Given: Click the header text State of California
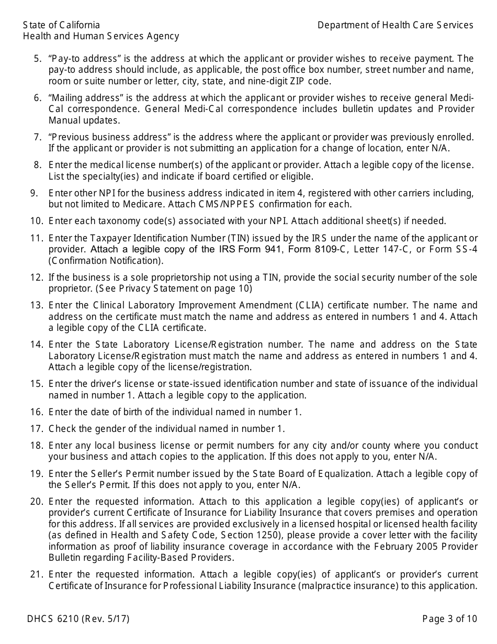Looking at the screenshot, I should pos(61,25).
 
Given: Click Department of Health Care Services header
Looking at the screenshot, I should pos(395,25).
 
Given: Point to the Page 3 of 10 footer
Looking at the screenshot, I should pos(449,619).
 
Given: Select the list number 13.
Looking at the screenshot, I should pos(36,305).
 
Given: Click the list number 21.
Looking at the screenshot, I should pos(36,574).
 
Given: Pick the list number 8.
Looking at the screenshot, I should pos(38,164).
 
